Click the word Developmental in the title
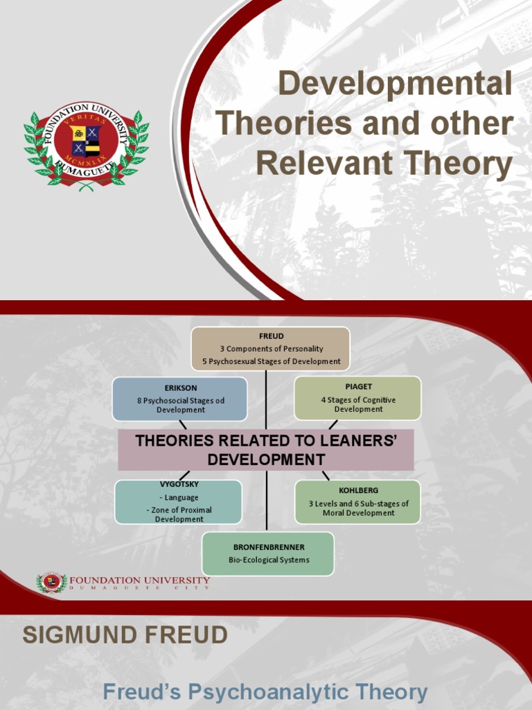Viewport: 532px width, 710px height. click(x=396, y=85)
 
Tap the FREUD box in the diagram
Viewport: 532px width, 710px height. click(x=271, y=348)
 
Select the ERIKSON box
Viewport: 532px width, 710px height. click(x=180, y=399)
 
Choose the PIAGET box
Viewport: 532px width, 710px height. click(x=357, y=399)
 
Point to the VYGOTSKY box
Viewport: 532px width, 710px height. click(x=179, y=502)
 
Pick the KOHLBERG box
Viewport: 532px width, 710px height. click(x=357, y=502)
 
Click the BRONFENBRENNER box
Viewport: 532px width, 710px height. click(x=268, y=553)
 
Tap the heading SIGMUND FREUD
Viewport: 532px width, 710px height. click(x=125, y=635)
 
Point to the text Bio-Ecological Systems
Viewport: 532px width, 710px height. click(x=269, y=560)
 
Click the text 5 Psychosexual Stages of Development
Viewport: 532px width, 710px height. click(x=272, y=361)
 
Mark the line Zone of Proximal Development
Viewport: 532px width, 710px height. click(x=179, y=514)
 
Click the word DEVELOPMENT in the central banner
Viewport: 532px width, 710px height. click(x=267, y=459)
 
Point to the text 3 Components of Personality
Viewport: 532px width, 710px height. click(x=272, y=349)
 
